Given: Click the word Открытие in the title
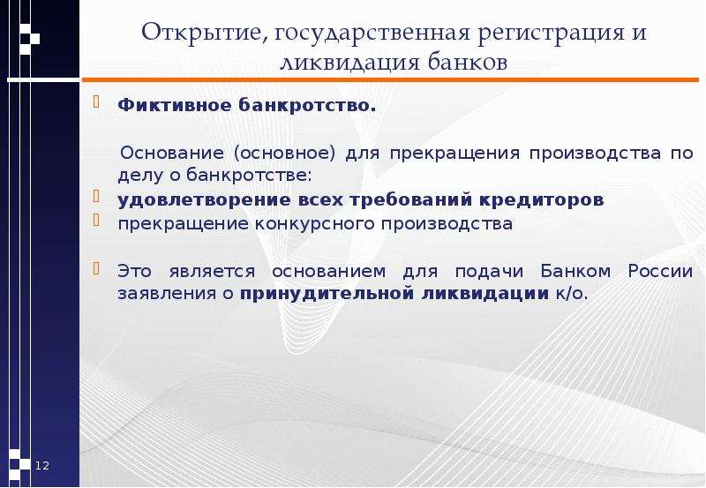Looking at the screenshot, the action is point(202,33).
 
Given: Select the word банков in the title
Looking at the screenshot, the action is point(468,62).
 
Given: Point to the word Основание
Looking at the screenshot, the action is point(172,153).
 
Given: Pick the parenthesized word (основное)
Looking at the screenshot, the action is point(284,154).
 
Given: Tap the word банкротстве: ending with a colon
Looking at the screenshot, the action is point(249,175).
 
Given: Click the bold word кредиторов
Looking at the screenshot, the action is point(541,200).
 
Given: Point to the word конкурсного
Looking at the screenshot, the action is point(315,224).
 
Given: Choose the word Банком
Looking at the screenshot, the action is point(575,272).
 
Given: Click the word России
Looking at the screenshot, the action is point(660,272).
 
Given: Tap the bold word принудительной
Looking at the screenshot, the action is point(327,294).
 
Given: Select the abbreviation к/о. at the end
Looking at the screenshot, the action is point(572,294).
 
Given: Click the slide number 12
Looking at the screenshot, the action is point(42,465).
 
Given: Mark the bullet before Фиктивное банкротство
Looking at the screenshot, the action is point(96,102).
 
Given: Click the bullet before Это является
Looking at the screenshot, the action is point(96,268).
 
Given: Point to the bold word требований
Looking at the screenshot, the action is point(410,200).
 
